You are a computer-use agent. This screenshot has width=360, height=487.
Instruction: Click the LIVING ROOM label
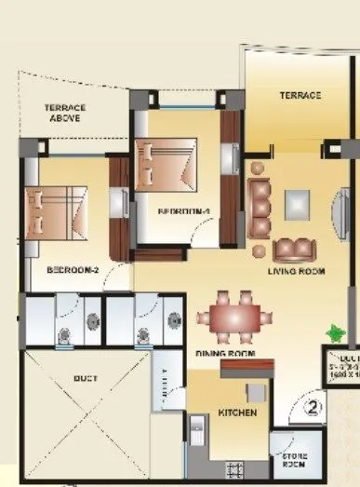[x=295, y=271]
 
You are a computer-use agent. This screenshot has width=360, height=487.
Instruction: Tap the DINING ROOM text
[x=226, y=354]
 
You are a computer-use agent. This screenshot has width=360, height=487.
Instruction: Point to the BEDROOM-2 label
[x=73, y=270]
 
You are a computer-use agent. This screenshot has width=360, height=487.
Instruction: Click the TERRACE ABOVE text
[x=66, y=113]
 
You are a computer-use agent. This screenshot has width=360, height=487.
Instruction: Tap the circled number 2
[x=313, y=405]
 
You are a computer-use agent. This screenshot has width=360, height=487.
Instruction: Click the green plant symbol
[x=332, y=331]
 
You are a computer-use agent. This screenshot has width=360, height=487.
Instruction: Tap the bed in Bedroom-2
[x=61, y=210]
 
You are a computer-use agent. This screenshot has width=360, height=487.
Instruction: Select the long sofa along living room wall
[x=260, y=210]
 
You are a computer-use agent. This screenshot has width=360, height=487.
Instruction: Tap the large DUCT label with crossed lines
[x=87, y=380]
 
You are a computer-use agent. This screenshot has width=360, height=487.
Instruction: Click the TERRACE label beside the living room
[x=300, y=95]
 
